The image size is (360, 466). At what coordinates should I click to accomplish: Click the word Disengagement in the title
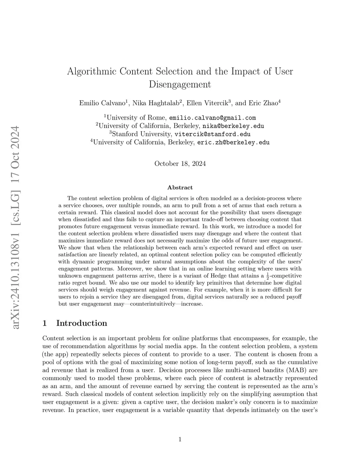[180, 84]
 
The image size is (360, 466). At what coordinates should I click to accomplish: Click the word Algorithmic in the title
[91, 71]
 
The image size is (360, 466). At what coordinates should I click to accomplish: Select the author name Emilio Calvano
[102, 103]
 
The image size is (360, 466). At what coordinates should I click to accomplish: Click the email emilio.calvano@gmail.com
[212, 118]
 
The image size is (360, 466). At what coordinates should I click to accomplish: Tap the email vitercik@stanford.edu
[213, 134]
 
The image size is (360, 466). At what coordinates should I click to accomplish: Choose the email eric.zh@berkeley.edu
[233, 142]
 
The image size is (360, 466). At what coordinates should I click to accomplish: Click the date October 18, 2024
[180, 164]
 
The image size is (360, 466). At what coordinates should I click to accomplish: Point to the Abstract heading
[180, 188]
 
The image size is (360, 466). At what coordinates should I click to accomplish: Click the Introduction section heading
[82, 323]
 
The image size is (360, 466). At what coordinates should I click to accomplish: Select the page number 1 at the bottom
[180, 439]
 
